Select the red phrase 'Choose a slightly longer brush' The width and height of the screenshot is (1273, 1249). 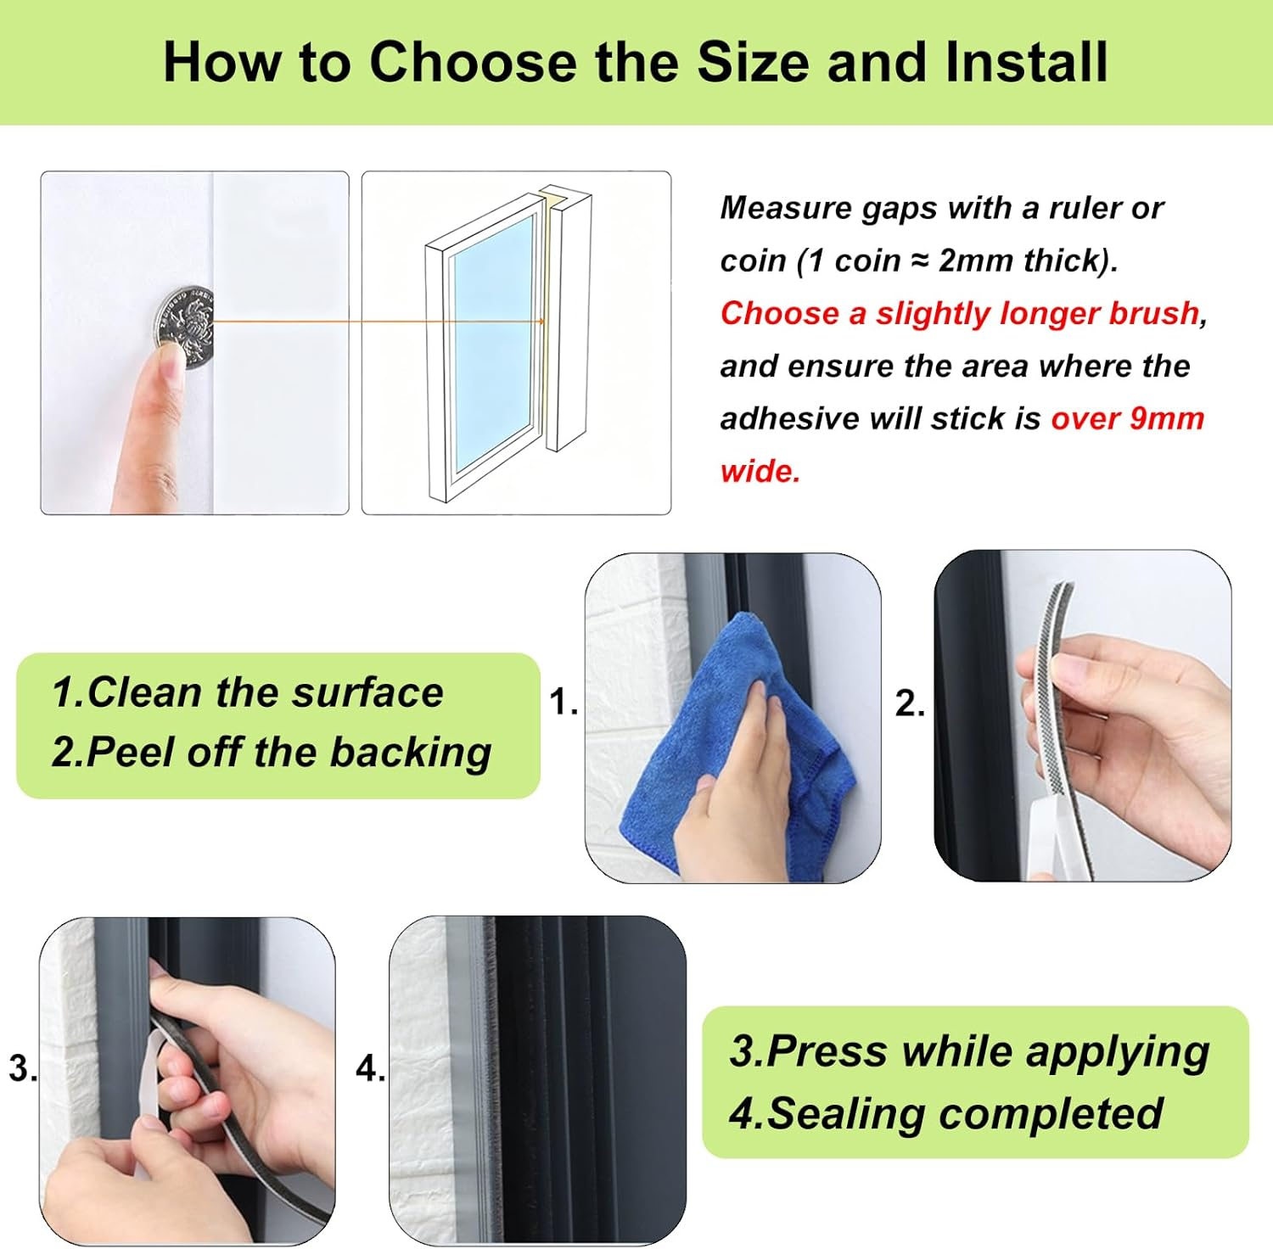click(959, 313)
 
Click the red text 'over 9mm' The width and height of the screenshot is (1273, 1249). click(1127, 418)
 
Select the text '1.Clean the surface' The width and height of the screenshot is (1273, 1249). click(247, 692)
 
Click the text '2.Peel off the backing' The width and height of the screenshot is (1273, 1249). click(271, 752)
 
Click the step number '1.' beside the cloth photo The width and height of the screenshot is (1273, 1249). click(564, 702)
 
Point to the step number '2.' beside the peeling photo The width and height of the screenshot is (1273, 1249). click(910, 703)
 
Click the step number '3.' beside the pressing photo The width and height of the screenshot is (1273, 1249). click(23, 1067)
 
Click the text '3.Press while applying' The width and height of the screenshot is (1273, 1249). click(969, 1051)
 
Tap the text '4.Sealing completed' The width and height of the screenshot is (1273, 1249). click(945, 1113)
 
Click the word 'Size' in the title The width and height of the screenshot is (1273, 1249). click(753, 63)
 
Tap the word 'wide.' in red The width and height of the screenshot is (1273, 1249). click(760, 471)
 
